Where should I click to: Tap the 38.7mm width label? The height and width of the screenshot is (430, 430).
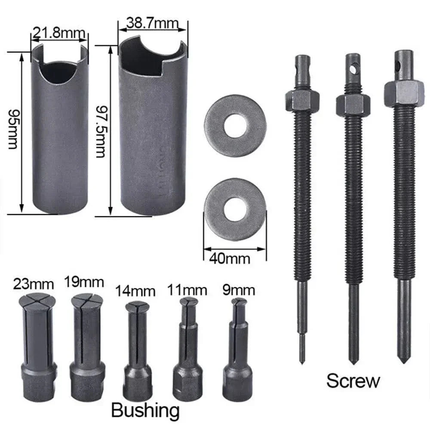(x=153, y=22)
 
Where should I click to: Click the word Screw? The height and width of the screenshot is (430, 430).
(x=353, y=381)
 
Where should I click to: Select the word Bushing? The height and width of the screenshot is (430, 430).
(x=145, y=410)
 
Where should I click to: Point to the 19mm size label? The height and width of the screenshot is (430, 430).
(x=84, y=283)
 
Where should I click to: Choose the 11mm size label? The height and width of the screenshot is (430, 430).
(x=187, y=290)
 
